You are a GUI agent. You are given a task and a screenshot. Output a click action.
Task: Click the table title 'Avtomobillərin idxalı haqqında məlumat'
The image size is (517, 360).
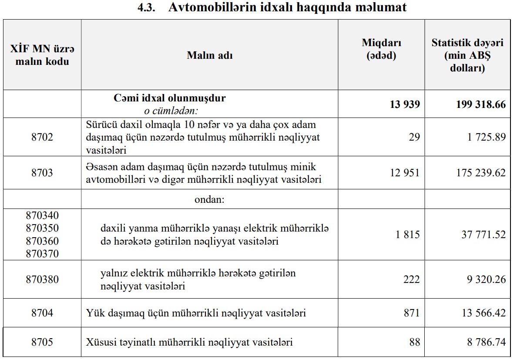(x=287, y=8)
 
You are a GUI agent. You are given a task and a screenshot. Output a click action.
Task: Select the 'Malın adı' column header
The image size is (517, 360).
(x=209, y=55)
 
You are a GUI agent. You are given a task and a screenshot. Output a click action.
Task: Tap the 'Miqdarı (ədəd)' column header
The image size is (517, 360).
(x=381, y=49)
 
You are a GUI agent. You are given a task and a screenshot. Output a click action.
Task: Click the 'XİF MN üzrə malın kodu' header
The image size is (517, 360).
(x=42, y=55)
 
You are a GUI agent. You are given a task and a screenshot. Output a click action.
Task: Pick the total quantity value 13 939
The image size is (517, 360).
(x=405, y=104)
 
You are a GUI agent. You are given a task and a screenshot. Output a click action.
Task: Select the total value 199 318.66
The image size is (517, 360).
(x=481, y=104)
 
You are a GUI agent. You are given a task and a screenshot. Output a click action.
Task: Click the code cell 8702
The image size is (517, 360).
(x=42, y=137)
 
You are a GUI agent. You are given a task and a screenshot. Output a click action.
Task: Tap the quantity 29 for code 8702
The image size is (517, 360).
(x=414, y=137)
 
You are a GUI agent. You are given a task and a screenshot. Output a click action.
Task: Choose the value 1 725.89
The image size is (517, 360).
(x=487, y=137)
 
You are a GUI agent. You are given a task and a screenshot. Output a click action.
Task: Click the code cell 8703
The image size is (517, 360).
(x=42, y=173)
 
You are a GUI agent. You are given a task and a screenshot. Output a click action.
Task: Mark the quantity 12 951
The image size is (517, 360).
(x=405, y=173)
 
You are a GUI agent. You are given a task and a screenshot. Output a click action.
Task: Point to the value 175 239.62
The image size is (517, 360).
(x=481, y=173)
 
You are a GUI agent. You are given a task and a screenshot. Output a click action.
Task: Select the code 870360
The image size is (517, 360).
(x=42, y=241)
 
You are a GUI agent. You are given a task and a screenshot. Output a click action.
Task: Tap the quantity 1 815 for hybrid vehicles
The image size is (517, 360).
(x=408, y=235)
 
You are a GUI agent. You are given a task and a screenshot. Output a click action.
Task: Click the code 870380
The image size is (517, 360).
(x=42, y=279)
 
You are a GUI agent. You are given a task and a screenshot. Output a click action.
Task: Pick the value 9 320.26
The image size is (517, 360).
(x=487, y=279)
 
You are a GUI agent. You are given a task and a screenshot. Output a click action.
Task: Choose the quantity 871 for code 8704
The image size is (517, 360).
(x=412, y=313)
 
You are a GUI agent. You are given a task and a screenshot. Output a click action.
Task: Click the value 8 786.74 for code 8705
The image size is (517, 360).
(x=487, y=342)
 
